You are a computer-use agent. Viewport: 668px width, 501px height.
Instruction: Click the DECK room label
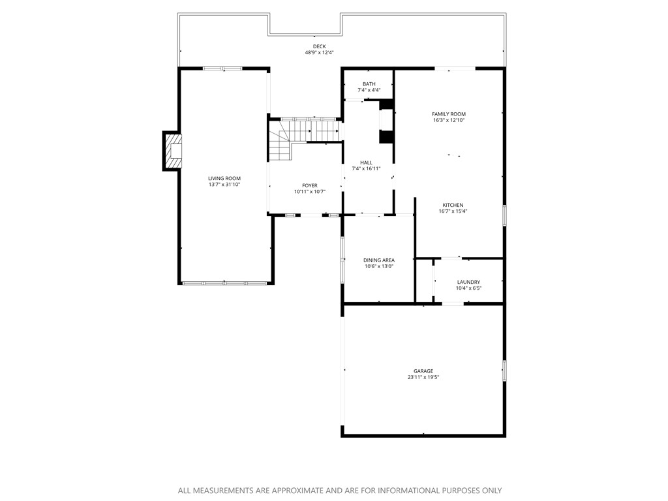tap(319, 46)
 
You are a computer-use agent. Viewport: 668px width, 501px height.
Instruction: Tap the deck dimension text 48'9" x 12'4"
tap(319, 53)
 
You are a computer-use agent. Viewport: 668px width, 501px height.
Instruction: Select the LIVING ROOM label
tap(224, 178)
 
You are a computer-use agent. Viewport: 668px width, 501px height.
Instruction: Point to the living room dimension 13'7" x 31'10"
tap(224, 185)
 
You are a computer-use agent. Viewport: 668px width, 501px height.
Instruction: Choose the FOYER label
tap(309, 185)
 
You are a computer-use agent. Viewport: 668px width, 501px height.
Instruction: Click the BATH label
tap(369, 83)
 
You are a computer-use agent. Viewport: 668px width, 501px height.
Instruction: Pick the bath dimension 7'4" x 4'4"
tap(369, 90)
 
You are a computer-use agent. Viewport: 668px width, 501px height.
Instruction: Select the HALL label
tap(366, 162)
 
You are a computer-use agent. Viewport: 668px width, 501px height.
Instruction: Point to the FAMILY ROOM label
tap(449, 114)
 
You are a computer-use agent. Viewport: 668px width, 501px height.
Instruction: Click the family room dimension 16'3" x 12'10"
tap(449, 120)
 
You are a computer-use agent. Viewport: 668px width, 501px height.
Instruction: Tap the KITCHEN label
tap(453, 205)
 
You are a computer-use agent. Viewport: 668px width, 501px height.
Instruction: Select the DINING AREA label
tap(379, 260)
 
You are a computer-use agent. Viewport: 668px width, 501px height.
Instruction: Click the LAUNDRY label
tap(468, 282)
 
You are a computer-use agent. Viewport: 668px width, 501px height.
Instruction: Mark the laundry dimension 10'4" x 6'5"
tap(468, 288)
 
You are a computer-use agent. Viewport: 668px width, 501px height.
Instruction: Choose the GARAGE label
tap(423, 371)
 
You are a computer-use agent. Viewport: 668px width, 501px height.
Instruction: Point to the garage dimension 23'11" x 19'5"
tap(423, 377)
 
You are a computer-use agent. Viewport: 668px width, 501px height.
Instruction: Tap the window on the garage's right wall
tap(504, 370)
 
